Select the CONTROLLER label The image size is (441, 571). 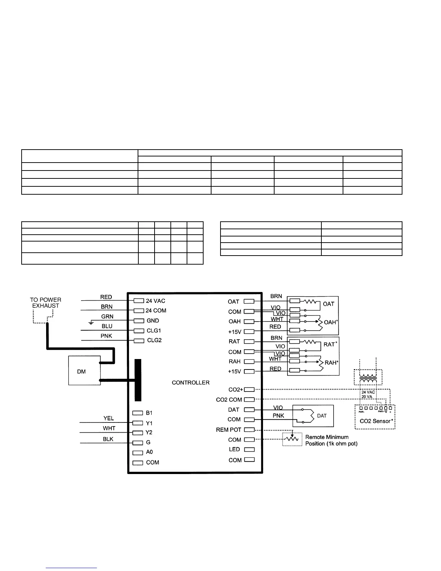pyautogui.click(x=191, y=382)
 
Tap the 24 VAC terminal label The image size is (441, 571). pyautogui.click(x=156, y=301)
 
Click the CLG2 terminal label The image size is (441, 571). pyautogui.click(x=154, y=340)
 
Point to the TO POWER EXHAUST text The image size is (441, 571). pyautogui.click(x=45, y=303)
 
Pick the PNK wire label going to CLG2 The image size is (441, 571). pyautogui.click(x=106, y=336)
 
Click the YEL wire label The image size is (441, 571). pyautogui.click(x=108, y=418)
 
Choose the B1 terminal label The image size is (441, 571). pyautogui.click(x=149, y=413)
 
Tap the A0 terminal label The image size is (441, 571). pyautogui.click(x=149, y=452)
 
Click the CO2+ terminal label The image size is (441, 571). pyautogui.click(x=236, y=390)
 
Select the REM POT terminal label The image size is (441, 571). pyautogui.click(x=228, y=430)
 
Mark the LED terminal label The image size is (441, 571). pyautogui.click(x=234, y=449)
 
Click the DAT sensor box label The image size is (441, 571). pyautogui.click(x=322, y=416)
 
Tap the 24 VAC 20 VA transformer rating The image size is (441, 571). pyautogui.click(x=368, y=394)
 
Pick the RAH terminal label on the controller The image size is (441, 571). pyautogui.click(x=235, y=362)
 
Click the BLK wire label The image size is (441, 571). pyautogui.click(x=108, y=439)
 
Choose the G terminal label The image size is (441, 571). pyautogui.click(x=148, y=442)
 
